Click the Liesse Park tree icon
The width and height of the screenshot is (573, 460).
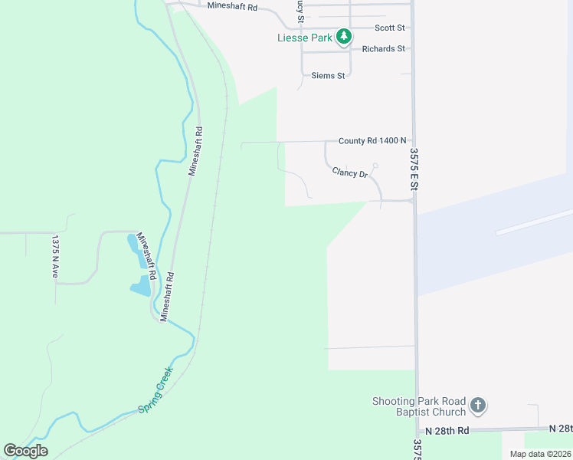[345, 36]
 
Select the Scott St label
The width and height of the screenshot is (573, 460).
[389, 28]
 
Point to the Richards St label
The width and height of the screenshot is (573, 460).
[384, 48]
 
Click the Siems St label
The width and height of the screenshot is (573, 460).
[328, 75]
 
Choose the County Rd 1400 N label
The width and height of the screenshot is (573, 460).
[372, 141]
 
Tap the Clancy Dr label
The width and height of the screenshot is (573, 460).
[350, 173]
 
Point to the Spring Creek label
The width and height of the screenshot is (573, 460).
[156, 389]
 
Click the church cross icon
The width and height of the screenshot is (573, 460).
[478, 405]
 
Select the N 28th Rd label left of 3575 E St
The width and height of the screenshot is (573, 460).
[447, 431]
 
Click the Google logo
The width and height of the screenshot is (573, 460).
[25, 451]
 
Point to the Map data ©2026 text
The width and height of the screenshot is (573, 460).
[539, 454]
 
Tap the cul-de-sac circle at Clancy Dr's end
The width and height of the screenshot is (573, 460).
[375, 166]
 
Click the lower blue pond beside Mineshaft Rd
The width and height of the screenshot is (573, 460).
[141, 287]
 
